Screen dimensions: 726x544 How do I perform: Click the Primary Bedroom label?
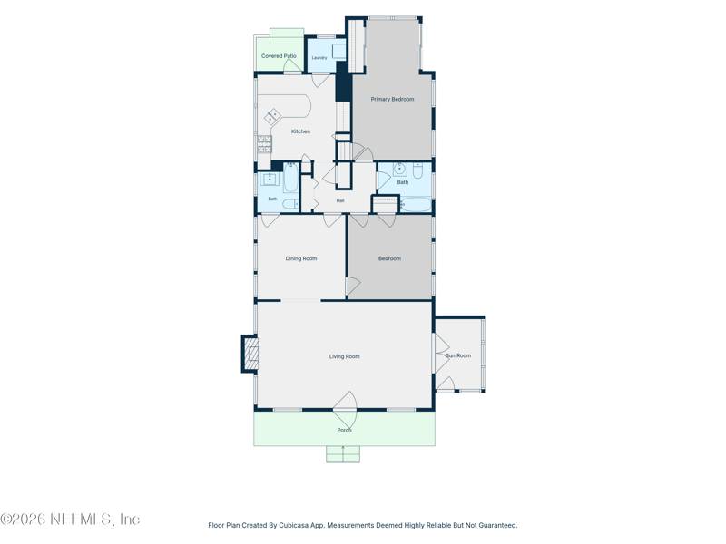[392, 99]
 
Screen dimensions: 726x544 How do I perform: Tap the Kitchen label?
[300, 131]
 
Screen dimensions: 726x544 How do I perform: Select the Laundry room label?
[319, 58]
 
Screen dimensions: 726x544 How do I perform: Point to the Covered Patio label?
[279, 56]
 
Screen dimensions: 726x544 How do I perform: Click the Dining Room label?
[301, 258]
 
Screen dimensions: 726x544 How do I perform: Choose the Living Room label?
[345, 356]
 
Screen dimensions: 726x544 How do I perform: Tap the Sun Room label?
[458, 355]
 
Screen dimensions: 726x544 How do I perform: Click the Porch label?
[344, 430]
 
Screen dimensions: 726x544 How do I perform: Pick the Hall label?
[340, 200]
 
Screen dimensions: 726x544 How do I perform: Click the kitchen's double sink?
[272, 116]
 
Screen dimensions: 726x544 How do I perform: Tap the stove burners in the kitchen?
[264, 144]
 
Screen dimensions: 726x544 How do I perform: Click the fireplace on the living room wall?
[250, 354]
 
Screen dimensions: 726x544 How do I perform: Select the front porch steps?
[343, 454]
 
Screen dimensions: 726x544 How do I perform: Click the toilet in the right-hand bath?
[417, 170]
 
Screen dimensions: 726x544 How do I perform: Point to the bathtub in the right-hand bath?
[416, 204]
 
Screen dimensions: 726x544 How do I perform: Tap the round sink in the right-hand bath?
[399, 170]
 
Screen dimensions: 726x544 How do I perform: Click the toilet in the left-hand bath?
[290, 204]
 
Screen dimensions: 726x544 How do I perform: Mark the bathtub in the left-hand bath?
[290, 178]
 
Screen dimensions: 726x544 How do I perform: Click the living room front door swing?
[346, 410]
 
